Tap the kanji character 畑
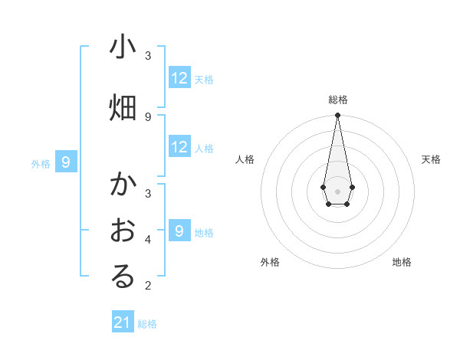click(x=123, y=107)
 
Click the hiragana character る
click(x=123, y=277)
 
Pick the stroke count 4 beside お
click(x=148, y=239)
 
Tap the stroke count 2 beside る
click(x=148, y=286)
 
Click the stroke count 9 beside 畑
click(x=148, y=116)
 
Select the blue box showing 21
click(x=123, y=322)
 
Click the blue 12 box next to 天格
click(x=179, y=78)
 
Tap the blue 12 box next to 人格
click(x=179, y=147)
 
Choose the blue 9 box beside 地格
click(x=179, y=231)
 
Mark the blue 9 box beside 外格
click(x=66, y=162)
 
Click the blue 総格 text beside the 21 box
click(x=147, y=324)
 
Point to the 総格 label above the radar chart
click(x=337, y=100)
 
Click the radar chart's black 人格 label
click(x=245, y=159)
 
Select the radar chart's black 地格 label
click(x=402, y=262)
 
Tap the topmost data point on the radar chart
click(x=337, y=116)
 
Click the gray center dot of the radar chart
click(x=337, y=191)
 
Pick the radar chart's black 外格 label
click(x=270, y=262)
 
